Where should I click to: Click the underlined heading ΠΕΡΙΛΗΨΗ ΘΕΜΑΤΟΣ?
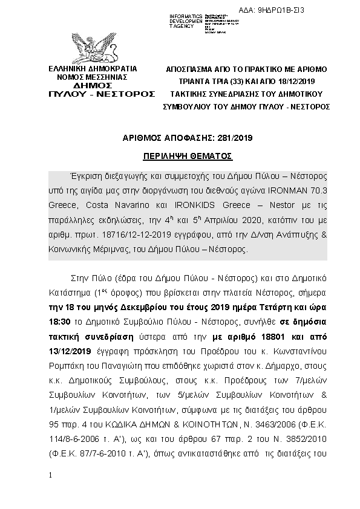(188, 155)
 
